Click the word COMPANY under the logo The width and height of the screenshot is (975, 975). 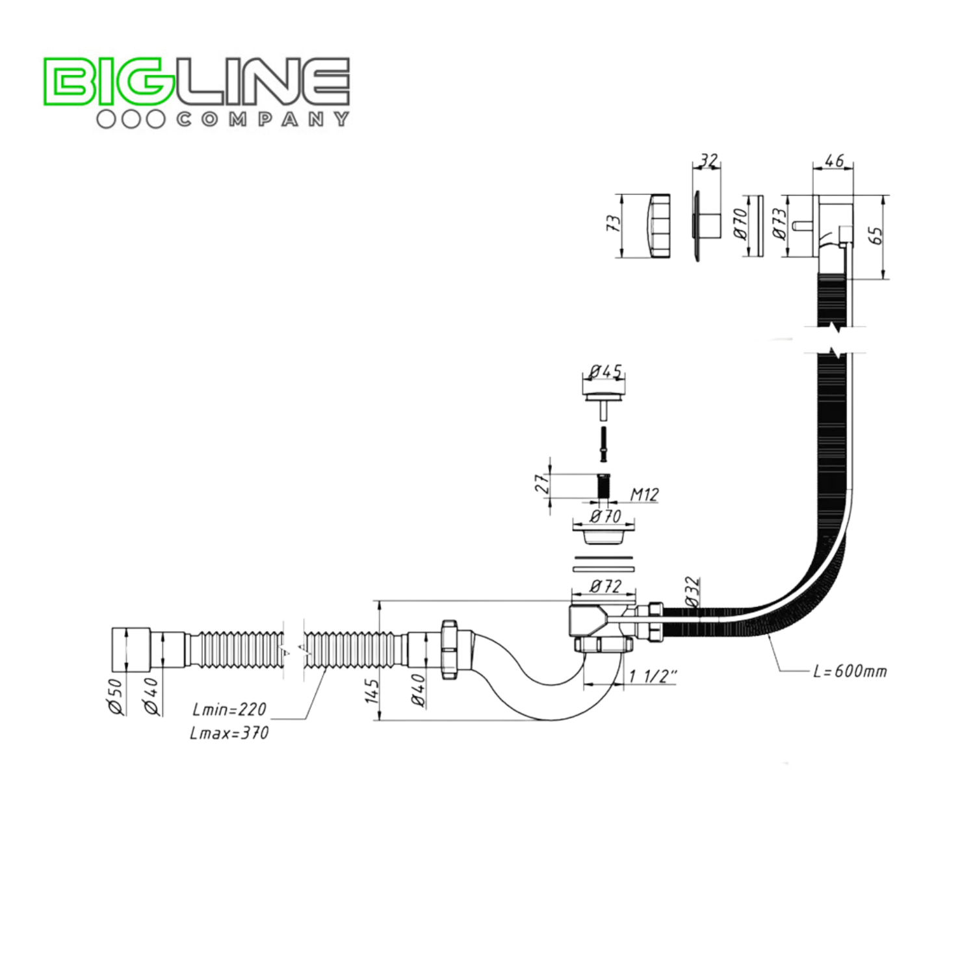(263, 119)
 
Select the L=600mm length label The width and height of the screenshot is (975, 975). (850, 671)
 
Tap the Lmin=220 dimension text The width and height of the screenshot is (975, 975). (229, 709)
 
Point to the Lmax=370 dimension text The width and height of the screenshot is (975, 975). (229, 733)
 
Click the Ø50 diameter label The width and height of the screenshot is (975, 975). (115, 696)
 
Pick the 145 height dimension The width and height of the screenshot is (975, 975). (372, 690)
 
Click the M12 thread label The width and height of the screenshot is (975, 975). (644, 495)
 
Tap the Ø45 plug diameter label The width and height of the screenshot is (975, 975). (605, 372)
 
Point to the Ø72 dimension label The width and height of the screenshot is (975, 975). (604, 586)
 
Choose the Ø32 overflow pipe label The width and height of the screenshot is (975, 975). (693, 591)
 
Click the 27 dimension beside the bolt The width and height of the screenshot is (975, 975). (541, 483)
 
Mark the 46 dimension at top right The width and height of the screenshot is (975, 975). (833, 160)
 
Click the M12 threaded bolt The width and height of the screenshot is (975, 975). (604, 486)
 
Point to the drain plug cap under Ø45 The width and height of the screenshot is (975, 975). (604, 396)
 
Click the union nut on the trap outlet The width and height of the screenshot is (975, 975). (448, 649)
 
